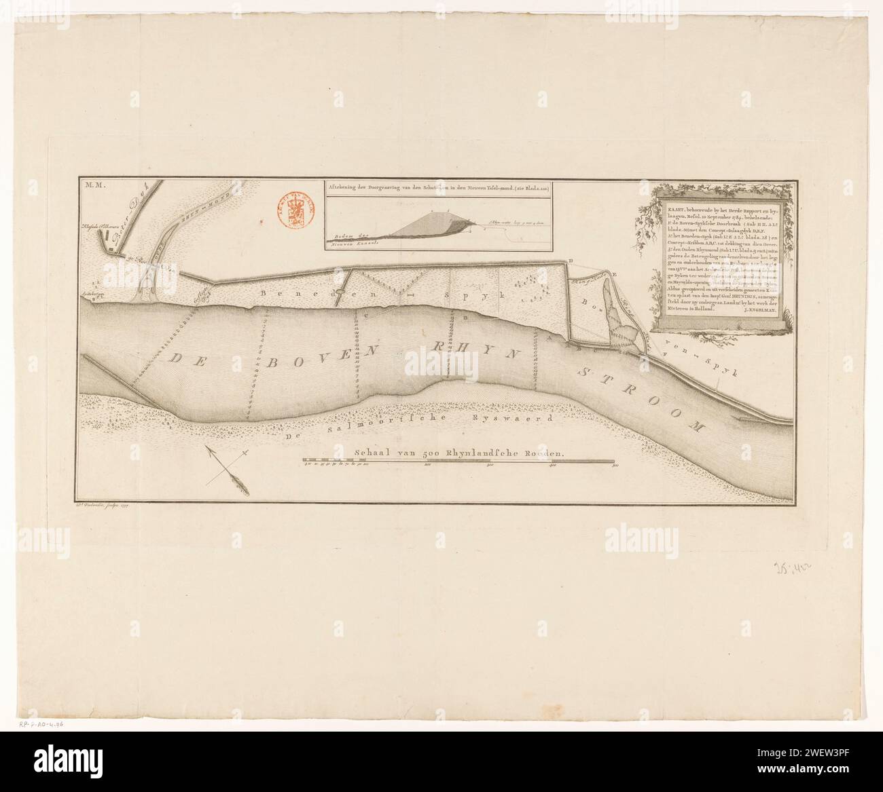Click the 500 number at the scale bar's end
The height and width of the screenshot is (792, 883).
click(615, 467)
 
